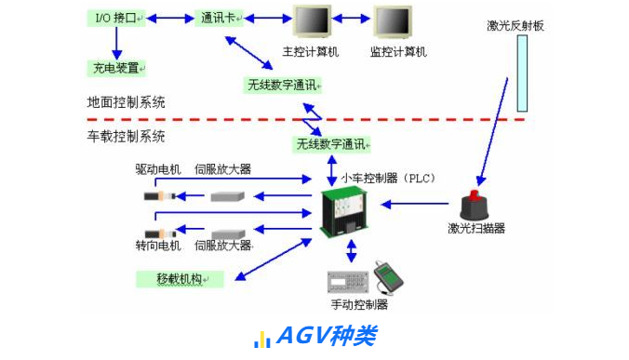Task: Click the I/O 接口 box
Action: pyautogui.click(x=116, y=18)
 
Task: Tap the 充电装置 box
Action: pyautogui.click(x=116, y=68)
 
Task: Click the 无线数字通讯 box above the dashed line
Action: pyautogui.click(x=283, y=86)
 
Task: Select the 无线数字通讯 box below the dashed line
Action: pyautogui.click(x=332, y=144)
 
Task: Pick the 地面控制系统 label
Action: pyautogui.click(x=126, y=102)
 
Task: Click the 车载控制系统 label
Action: pyautogui.click(x=126, y=136)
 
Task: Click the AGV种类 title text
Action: pyautogui.click(x=327, y=336)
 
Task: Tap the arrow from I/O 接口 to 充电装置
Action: pyautogui.click(x=116, y=42)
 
